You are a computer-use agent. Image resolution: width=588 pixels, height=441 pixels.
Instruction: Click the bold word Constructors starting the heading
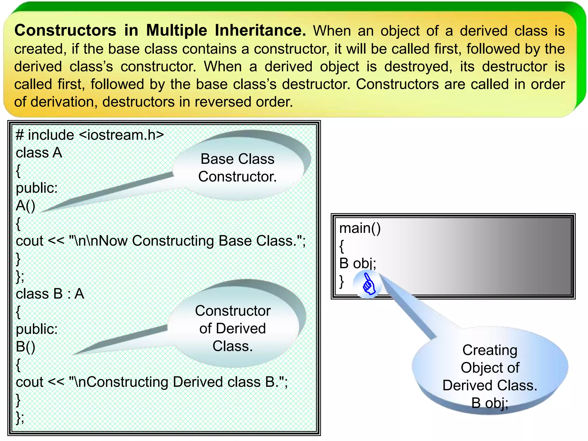[x=65, y=30]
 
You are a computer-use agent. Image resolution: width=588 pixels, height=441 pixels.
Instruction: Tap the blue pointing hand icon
[x=368, y=284]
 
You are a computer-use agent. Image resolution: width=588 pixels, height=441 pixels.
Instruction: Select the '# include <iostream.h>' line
[x=90, y=135]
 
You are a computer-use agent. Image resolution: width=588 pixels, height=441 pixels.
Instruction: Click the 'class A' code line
[x=39, y=153]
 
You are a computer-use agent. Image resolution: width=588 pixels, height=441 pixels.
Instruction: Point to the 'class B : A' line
[x=50, y=294]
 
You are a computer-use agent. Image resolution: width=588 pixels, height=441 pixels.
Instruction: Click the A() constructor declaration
[x=26, y=206]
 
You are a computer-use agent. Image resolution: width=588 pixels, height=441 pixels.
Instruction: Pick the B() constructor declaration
[x=26, y=347]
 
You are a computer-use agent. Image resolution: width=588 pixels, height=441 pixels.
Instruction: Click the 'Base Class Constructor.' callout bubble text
[x=237, y=168]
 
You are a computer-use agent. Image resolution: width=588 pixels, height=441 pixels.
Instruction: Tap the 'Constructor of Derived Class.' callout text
[x=233, y=328]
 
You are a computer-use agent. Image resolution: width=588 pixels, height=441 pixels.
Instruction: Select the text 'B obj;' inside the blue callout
[x=490, y=403]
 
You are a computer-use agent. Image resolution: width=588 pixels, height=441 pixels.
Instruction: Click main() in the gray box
[x=360, y=228]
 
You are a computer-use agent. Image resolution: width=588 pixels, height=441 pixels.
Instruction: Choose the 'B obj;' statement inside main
[x=357, y=263]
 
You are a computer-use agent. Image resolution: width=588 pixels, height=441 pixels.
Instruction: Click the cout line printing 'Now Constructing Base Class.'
[x=161, y=241]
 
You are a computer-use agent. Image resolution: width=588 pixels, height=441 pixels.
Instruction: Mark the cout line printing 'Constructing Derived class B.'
[x=152, y=382]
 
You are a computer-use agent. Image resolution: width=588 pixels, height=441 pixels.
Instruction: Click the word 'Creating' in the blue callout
[x=490, y=350]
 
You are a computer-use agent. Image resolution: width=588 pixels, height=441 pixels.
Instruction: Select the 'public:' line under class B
[x=37, y=329]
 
